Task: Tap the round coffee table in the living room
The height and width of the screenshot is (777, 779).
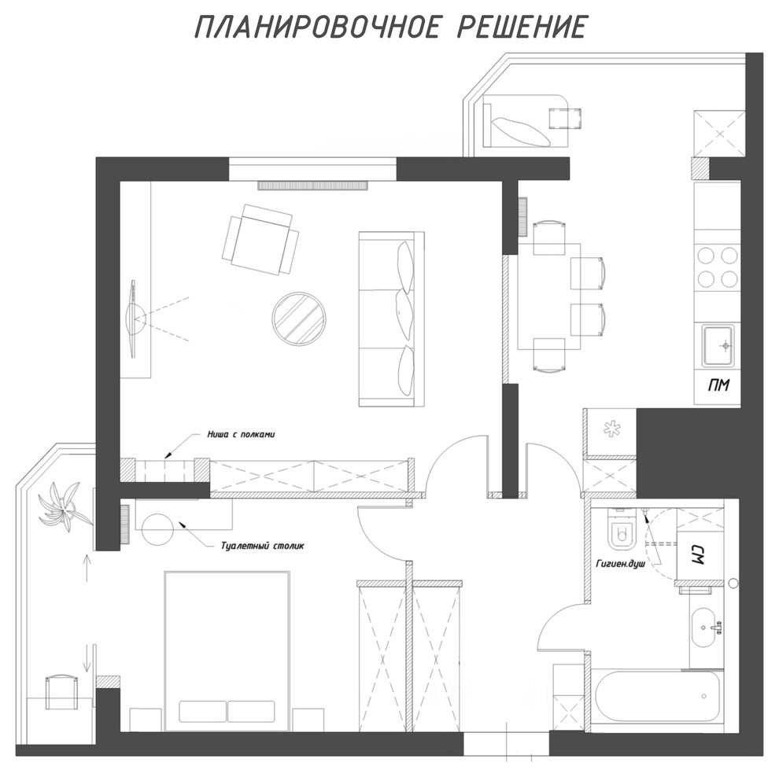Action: [298, 317]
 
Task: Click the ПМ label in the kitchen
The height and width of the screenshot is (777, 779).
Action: [717, 385]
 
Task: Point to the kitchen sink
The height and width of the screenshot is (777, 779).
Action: [718, 345]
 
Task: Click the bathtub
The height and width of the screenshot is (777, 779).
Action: [656, 698]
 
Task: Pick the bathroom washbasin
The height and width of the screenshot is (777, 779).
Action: [706, 627]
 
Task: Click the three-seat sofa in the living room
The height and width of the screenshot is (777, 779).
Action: [391, 319]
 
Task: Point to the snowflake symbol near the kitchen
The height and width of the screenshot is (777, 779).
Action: [609, 430]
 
